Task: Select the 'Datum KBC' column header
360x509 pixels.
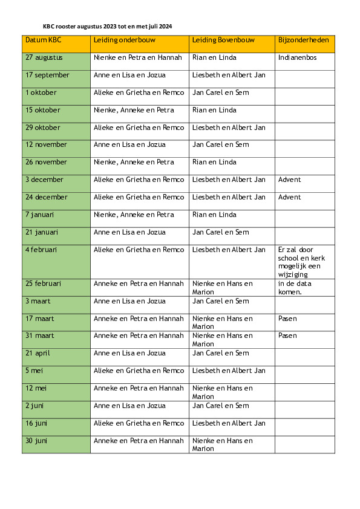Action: (x=43, y=41)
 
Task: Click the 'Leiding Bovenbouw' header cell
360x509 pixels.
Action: (x=223, y=41)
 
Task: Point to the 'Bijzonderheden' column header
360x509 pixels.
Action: (x=303, y=41)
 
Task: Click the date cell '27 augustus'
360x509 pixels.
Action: (x=44, y=58)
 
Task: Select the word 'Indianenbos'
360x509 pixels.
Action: (x=298, y=58)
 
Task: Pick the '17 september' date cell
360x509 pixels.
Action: (x=47, y=76)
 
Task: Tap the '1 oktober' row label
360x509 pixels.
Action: (x=41, y=93)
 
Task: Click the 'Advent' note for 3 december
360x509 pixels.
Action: (x=289, y=180)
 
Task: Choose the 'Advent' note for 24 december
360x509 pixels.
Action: (x=289, y=198)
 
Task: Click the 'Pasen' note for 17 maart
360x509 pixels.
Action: (x=287, y=319)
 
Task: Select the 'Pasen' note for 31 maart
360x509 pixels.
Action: (x=287, y=336)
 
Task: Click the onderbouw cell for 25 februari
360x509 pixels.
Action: (x=139, y=284)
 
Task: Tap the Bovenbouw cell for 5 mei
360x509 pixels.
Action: (x=229, y=371)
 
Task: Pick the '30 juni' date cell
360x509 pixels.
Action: (x=36, y=441)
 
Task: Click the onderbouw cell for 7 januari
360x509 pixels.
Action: (x=134, y=215)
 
